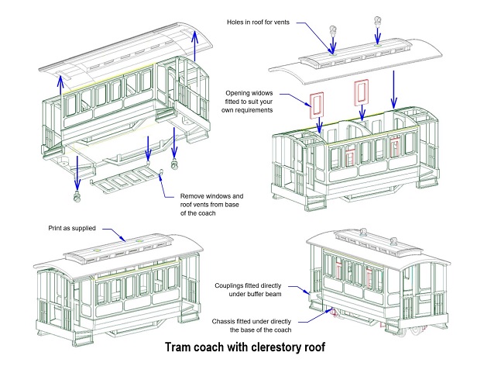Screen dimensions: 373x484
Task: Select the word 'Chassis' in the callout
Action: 227,319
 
